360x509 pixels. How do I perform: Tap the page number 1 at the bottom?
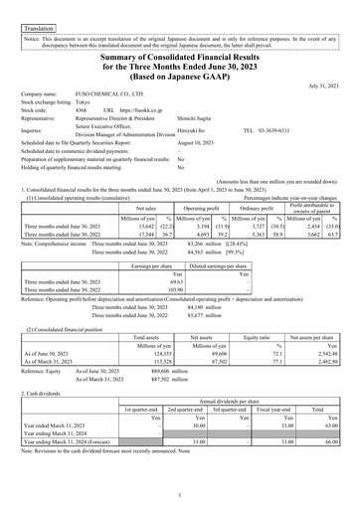tap(180, 496)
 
